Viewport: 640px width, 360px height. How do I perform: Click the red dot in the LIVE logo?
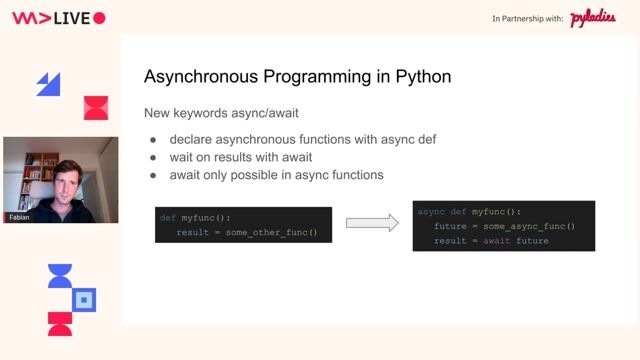(x=98, y=18)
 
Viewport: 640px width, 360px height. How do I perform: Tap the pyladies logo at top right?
(x=593, y=18)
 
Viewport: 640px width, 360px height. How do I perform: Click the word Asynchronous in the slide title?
(x=198, y=76)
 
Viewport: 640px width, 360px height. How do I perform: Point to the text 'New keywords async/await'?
(x=220, y=113)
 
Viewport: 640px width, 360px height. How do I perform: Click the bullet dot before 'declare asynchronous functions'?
(x=153, y=139)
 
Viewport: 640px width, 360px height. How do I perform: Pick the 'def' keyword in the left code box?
(x=167, y=217)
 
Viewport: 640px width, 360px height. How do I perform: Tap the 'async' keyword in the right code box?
(x=431, y=212)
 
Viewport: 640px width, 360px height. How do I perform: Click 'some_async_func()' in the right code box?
(x=531, y=227)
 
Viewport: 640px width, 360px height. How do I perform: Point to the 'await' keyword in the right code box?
(x=495, y=242)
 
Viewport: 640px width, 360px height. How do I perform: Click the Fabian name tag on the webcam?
(x=19, y=217)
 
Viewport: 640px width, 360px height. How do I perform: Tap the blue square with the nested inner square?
(x=85, y=298)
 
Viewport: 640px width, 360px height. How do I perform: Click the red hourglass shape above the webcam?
(x=95, y=108)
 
